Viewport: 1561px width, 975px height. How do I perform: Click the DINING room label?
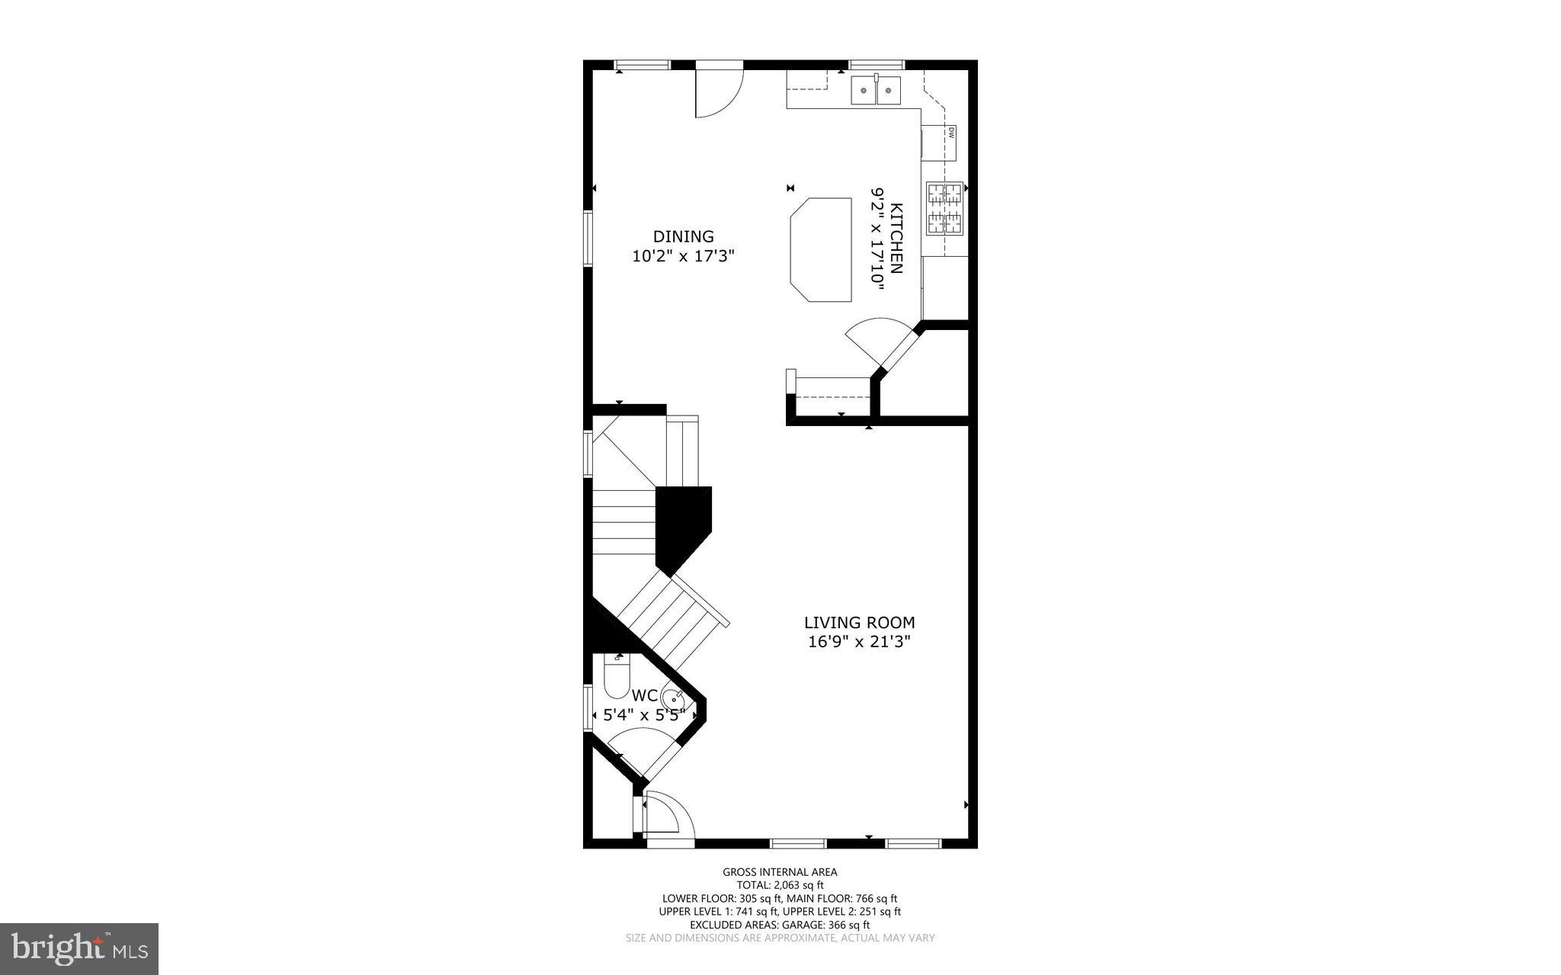click(683, 236)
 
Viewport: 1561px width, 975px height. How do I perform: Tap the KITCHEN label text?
click(896, 238)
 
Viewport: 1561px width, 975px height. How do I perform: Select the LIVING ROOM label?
click(859, 623)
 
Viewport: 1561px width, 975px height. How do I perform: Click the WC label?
click(644, 695)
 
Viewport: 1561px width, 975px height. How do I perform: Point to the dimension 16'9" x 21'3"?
click(859, 642)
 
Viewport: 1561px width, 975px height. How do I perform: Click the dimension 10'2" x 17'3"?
click(683, 256)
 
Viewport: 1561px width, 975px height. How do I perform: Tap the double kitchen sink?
click(876, 90)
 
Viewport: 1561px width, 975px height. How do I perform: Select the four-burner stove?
click(944, 208)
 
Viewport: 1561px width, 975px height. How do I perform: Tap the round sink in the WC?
click(673, 698)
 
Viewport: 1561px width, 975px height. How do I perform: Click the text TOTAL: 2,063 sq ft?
click(780, 885)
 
